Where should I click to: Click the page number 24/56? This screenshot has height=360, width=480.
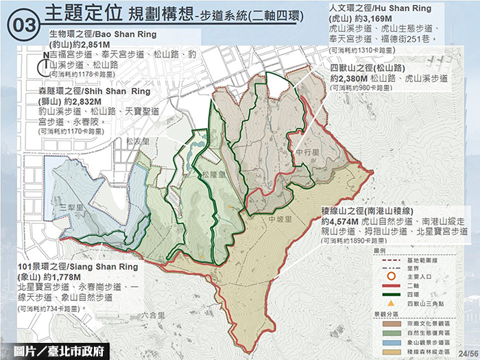click(468, 351)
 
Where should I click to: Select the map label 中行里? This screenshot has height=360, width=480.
click(304, 151)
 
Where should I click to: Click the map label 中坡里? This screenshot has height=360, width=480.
click(280, 219)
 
